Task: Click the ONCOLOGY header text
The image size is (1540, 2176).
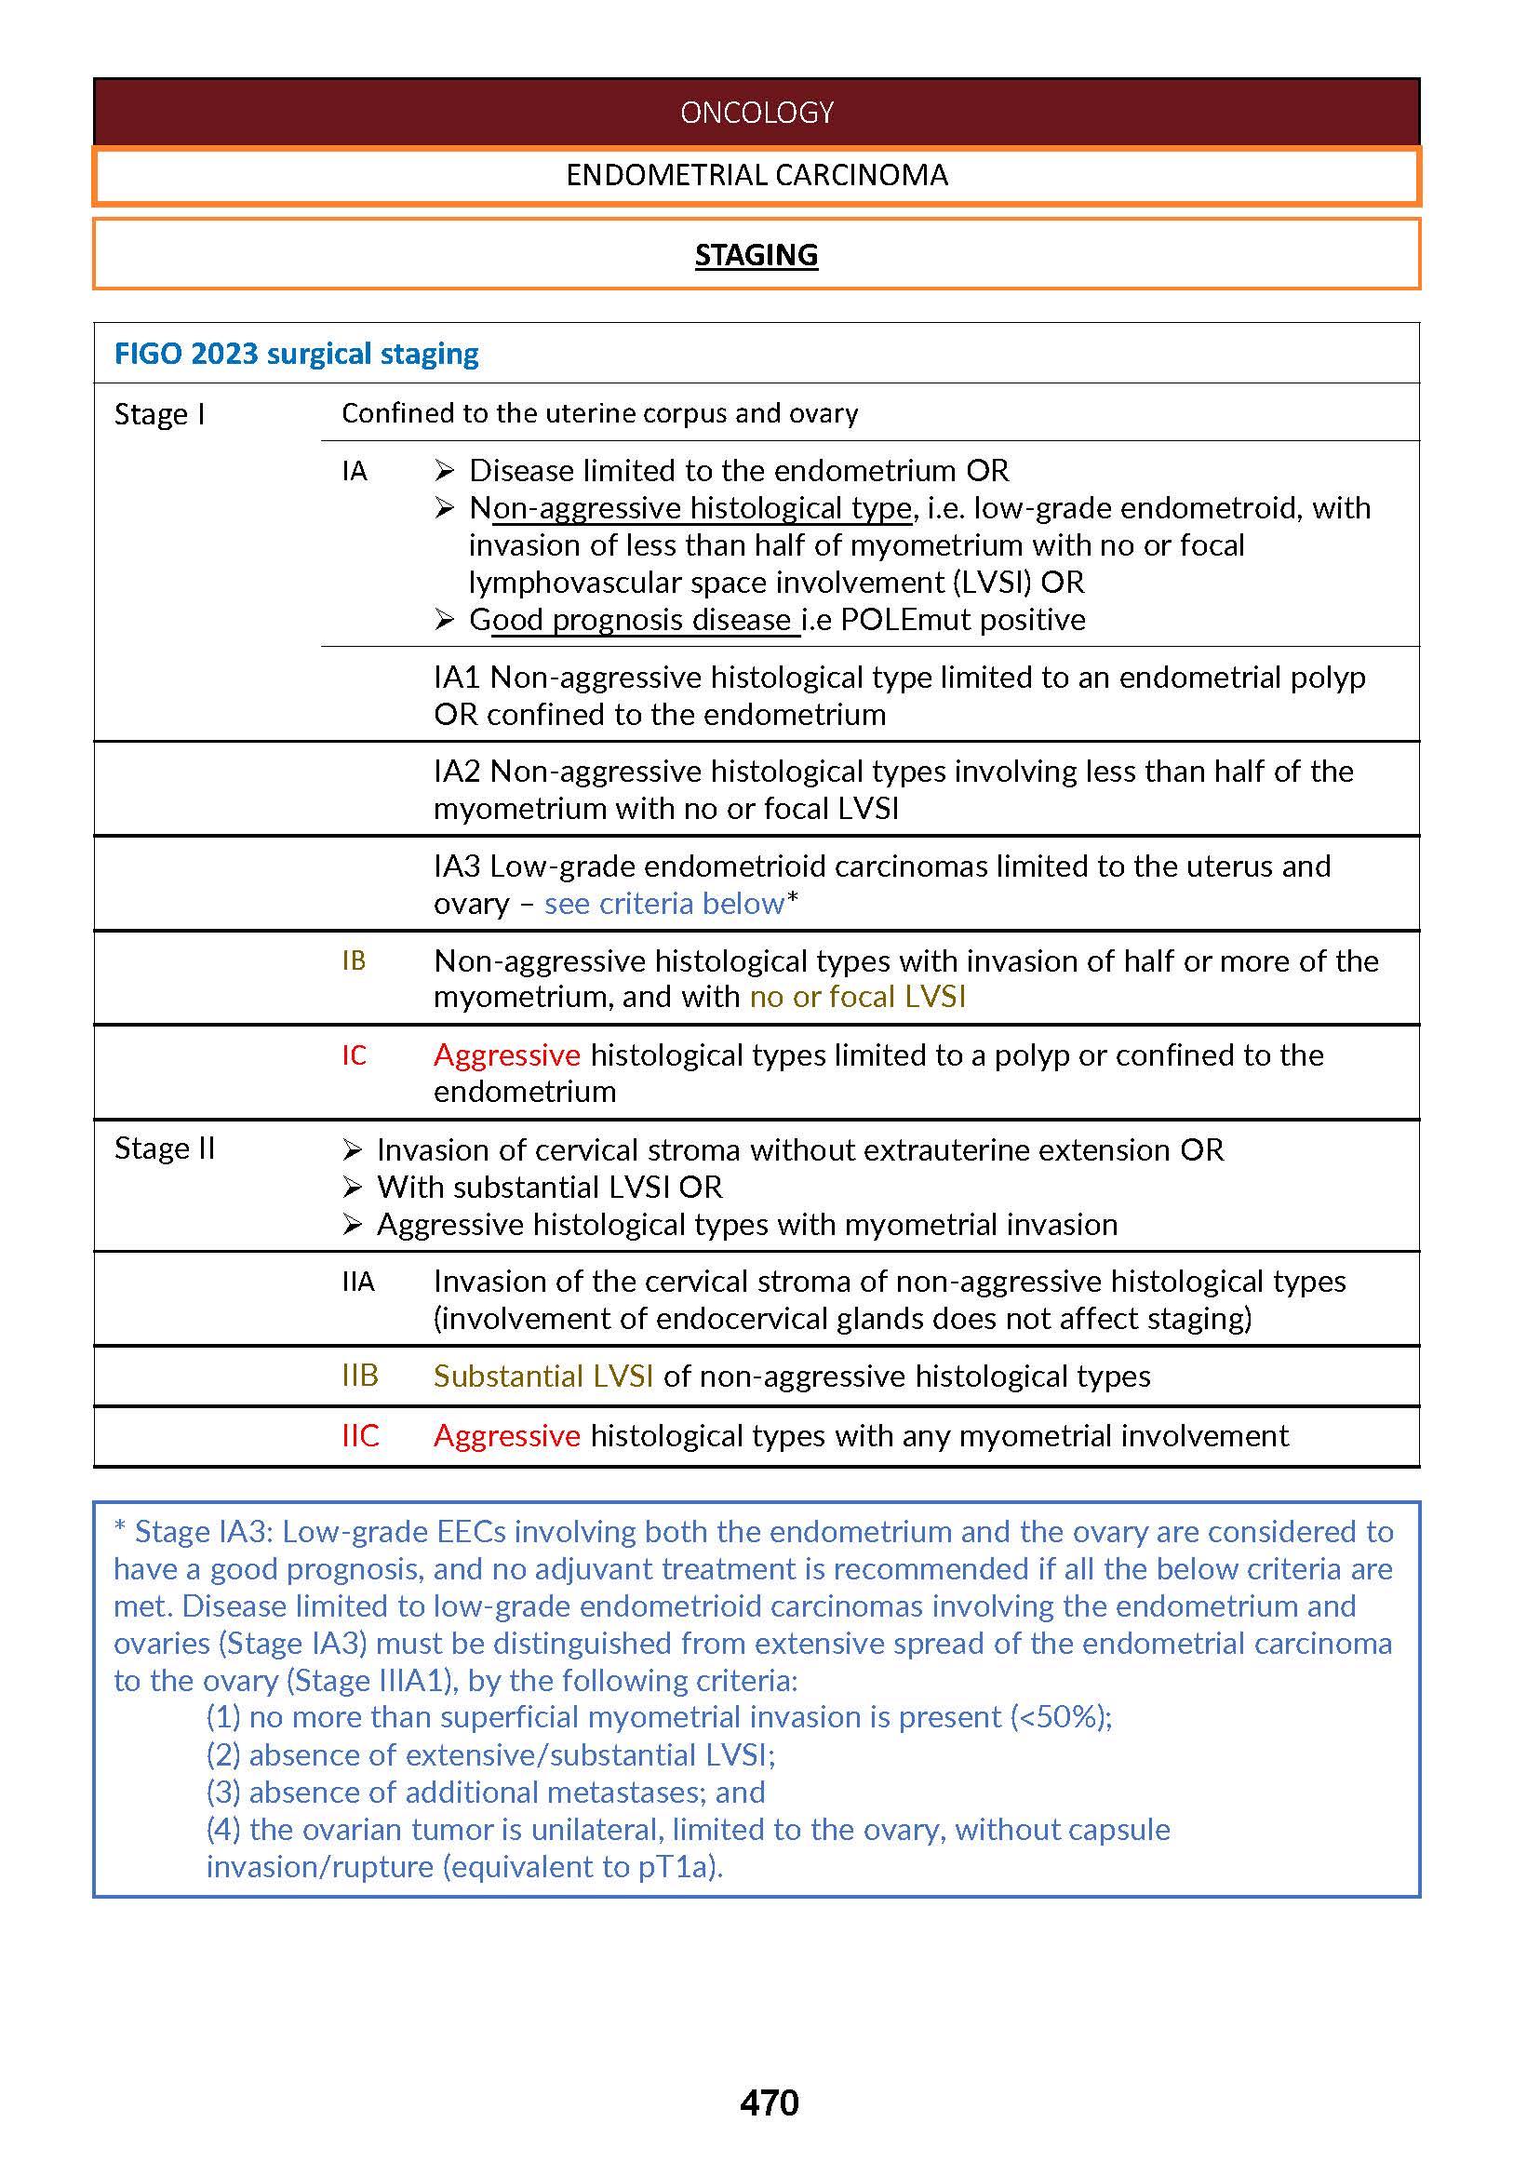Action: tap(757, 113)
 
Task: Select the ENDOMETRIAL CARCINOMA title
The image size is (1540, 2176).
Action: tap(757, 176)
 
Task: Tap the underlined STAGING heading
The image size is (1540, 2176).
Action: tap(756, 255)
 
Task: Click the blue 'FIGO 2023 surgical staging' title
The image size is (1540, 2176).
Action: tap(296, 354)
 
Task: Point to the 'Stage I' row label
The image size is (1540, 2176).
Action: tap(159, 414)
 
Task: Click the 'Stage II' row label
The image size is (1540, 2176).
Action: tap(165, 1148)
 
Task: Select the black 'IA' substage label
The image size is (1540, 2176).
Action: tap(355, 472)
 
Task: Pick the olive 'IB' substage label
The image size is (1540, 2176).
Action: tap(354, 960)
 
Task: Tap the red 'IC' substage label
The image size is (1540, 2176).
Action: tap(354, 1055)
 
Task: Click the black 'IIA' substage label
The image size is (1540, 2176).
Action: tap(358, 1283)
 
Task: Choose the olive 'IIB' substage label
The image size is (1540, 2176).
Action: tap(360, 1376)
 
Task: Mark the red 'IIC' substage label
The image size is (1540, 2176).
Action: tap(360, 1435)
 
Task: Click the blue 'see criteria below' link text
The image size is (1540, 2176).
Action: tap(663, 903)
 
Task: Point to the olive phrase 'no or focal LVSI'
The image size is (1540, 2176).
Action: tap(857, 997)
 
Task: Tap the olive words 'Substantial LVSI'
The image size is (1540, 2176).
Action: tap(543, 1377)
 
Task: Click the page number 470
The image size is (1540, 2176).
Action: tap(769, 2103)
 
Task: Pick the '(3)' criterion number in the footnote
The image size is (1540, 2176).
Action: tap(224, 1792)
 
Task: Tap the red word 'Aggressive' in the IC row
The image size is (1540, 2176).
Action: tap(506, 1054)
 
